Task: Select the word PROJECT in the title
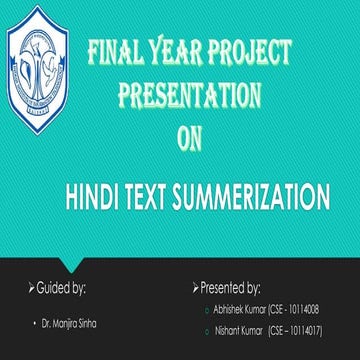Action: pos(249,54)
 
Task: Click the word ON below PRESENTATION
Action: pos(189,138)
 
